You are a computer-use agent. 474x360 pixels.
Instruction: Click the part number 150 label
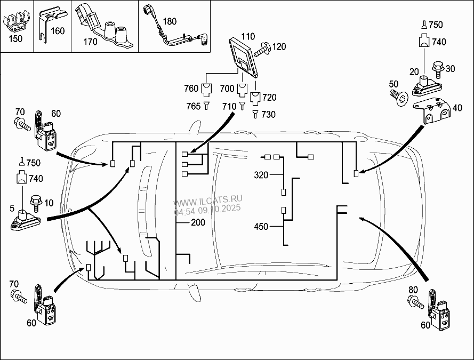[x=15, y=39]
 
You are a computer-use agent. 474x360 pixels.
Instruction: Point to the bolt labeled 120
[x=263, y=50]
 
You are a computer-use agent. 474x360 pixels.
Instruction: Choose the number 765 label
[x=194, y=106]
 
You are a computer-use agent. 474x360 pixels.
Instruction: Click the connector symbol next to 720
[x=255, y=99]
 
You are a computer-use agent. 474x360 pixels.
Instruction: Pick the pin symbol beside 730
[x=255, y=114]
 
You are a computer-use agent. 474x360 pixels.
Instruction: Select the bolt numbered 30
[x=438, y=69]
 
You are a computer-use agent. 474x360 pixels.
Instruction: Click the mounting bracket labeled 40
[x=432, y=110]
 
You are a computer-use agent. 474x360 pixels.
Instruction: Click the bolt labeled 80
[x=416, y=302]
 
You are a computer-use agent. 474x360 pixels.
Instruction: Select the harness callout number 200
[x=198, y=222]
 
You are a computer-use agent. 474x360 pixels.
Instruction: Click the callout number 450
[x=261, y=226]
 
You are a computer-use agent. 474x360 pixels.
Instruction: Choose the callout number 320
[x=261, y=175]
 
